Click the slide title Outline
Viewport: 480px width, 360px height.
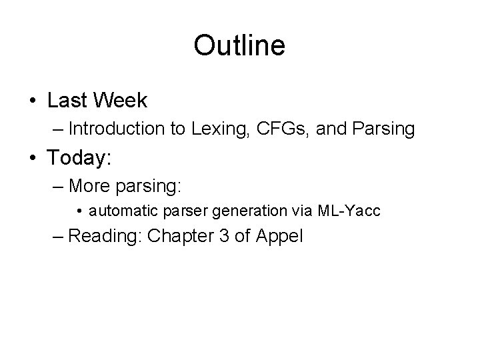[239, 46]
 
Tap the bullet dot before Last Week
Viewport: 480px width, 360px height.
[33, 101]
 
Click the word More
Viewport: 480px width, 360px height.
[89, 184]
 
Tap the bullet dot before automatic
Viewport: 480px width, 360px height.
[80, 212]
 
